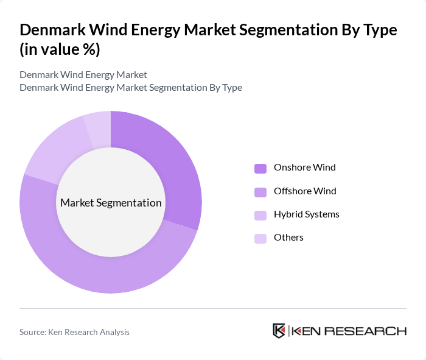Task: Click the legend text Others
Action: pyautogui.click(x=288, y=238)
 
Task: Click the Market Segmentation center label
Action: pyautogui.click(x=111, y=203)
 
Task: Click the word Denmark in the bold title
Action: pyautogui.click(x=49, y=30)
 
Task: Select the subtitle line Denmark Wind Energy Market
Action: pyautogui.click(x=83, y=75)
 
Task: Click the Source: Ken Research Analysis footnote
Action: pyautogui.click(x=74, y=332)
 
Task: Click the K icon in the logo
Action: pyautogui.click(x=279, y=331)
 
